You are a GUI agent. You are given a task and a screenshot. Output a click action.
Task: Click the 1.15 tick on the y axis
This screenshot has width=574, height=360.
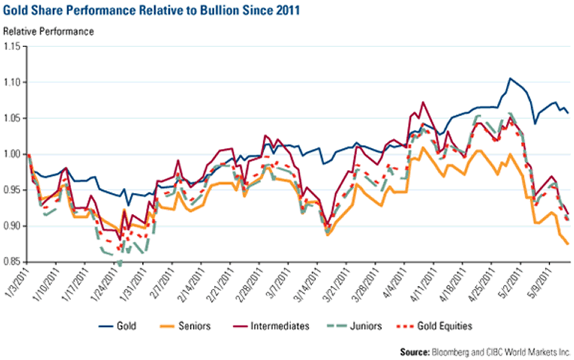coord(14,46)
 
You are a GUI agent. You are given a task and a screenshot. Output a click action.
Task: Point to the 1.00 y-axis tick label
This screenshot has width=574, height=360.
coord(14,154)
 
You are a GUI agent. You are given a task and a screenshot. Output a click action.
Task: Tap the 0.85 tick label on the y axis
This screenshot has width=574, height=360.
coord(14,263)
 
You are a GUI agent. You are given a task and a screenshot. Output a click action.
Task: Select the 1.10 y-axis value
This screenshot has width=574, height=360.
coord(14,82)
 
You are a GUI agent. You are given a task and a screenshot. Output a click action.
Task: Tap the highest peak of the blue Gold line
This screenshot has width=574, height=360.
coord(510,78)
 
